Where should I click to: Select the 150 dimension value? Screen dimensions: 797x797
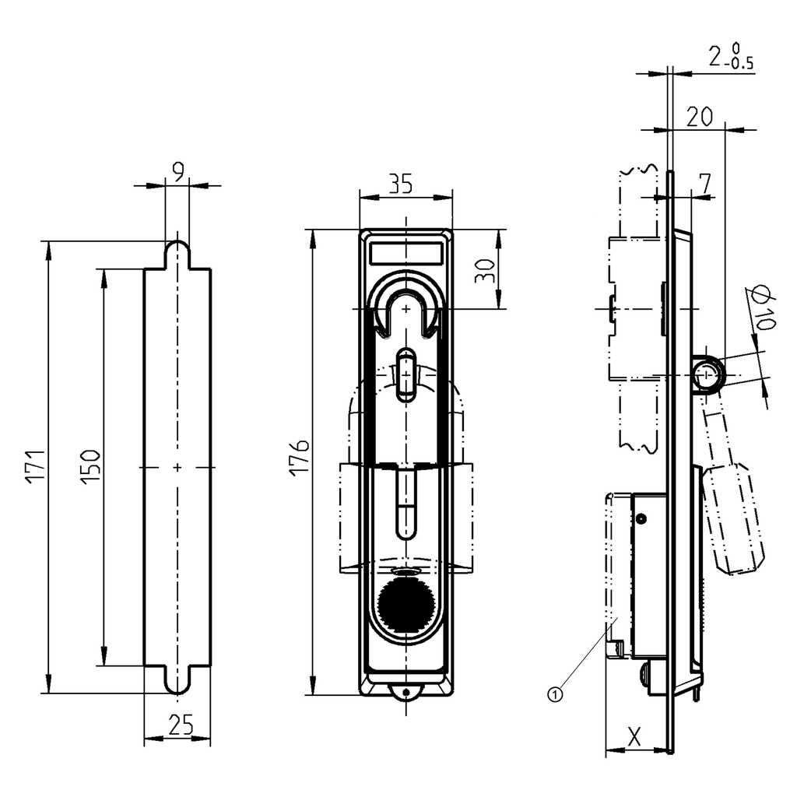point(90,467)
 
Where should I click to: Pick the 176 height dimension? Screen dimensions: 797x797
point(301,457)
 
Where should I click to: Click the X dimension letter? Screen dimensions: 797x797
point(634,736)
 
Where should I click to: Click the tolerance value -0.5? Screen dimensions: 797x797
point(739,65)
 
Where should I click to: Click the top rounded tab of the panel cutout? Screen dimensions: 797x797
point(177,253)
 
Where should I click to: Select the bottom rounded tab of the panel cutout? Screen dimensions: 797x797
point(177,680)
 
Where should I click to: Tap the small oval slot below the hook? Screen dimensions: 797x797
point(405,374)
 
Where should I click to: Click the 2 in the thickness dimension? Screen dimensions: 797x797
point(714,56)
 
